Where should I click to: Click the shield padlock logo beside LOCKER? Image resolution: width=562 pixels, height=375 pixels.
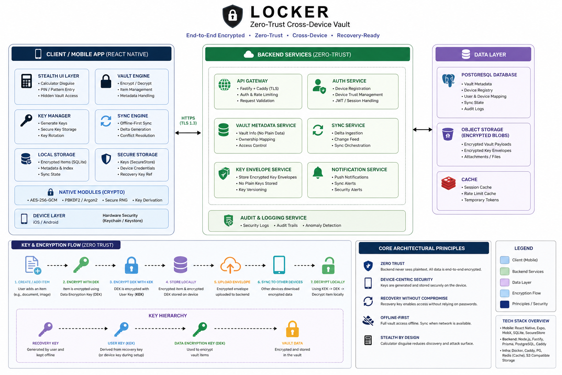point(233,16)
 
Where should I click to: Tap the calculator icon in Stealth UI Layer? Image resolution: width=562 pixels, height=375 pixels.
point(27,81)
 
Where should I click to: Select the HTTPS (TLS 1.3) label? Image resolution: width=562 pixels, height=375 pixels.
point(188,120)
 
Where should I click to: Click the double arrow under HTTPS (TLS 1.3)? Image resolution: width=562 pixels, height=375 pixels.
point(188,133)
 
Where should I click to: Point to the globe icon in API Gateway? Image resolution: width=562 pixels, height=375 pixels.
point(224,85)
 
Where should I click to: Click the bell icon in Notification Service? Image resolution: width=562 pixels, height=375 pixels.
point(318,172)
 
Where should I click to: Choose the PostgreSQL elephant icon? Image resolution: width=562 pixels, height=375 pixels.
point(448,80)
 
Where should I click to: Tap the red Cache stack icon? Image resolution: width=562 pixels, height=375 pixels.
point(448,183)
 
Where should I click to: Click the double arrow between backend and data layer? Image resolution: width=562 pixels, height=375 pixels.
point(423,130)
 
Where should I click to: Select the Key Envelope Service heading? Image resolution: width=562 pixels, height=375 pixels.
point(263,170)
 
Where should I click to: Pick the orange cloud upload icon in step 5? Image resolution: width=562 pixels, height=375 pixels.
point(230,266)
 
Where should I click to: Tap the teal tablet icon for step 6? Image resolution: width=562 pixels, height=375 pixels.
point(279,265)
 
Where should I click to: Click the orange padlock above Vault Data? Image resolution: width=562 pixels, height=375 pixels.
point(292,329)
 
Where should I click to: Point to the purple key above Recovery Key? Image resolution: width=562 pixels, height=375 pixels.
point(46,329)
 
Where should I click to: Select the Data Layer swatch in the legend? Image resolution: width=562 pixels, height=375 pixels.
point(505,282)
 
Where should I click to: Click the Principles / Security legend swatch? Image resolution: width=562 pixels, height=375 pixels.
point(505,304)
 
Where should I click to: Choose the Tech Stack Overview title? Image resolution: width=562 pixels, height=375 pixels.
point(525,321)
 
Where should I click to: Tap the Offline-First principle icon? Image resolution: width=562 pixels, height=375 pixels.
point(368,320)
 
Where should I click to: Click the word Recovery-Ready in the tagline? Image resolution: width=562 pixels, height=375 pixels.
point(358,36)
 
